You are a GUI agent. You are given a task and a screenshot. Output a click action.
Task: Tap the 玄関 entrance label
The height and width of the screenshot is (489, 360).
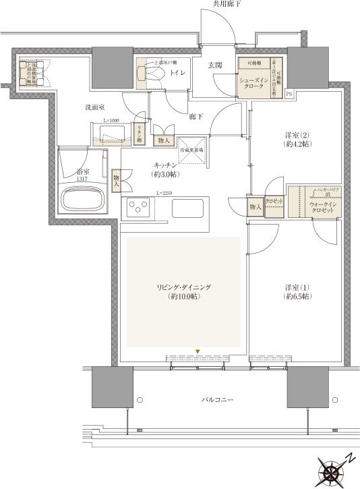(215, 65)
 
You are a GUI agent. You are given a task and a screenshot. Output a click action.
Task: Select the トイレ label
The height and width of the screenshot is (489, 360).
(178, 71)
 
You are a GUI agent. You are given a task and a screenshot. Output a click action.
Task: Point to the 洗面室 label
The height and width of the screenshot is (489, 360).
(94, 107)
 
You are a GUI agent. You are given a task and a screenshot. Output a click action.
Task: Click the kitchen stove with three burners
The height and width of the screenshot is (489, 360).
(139, 208)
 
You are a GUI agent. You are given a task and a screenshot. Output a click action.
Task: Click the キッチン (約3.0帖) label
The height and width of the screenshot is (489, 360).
(165, 169)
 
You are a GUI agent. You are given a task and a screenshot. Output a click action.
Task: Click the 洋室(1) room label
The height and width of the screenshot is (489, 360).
(297, 291)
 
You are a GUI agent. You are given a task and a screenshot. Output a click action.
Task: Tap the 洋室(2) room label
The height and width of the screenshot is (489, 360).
(297, 140)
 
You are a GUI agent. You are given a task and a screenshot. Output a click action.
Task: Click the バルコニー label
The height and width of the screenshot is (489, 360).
(217, 401)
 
